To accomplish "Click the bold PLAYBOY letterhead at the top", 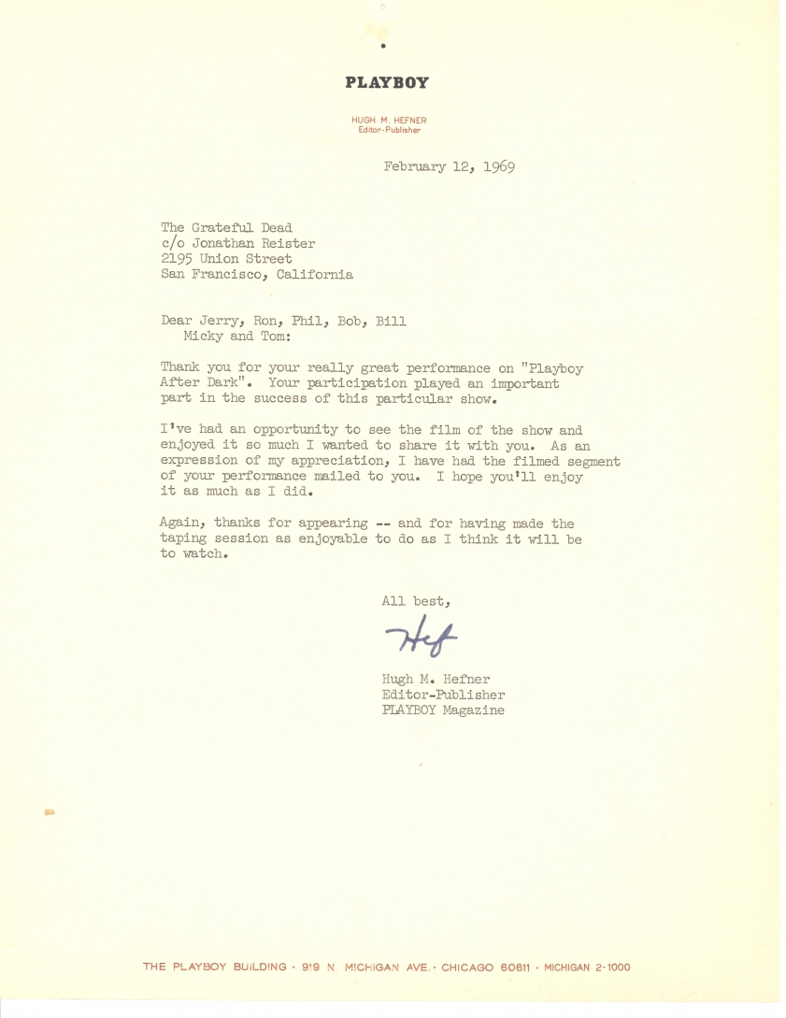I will [x=387, y=82].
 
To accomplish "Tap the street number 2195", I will [x=178, y=258].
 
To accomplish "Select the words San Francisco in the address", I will [x=210, y=275].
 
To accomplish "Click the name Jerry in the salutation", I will [x=222, y=322].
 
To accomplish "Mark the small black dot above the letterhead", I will [x=384, y=45].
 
